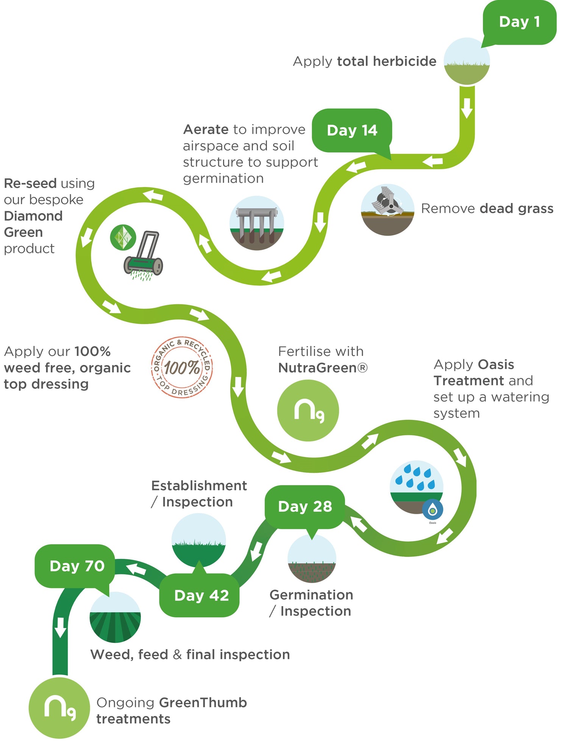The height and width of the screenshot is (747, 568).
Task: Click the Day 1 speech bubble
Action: click(519, 22)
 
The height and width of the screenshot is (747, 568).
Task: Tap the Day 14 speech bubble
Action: click(352, 130)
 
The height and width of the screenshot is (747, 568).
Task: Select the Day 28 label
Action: click(305, 507)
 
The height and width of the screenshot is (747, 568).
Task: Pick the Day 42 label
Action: click(201, 595)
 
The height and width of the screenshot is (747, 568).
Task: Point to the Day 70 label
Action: click(77, 566)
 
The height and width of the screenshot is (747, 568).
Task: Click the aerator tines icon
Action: click(257, 223)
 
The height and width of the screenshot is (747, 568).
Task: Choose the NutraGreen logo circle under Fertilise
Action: click(308, 410)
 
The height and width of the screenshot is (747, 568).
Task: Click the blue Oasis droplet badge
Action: click(432, 510)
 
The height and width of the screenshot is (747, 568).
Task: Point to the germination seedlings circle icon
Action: click(312, 559)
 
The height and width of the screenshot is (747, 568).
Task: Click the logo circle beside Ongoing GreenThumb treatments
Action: click(59, 708)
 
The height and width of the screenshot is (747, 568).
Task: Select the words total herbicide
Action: click(387, 61)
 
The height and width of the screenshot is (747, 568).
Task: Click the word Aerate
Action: click(206, 130)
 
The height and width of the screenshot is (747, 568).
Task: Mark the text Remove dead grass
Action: click(487, 209)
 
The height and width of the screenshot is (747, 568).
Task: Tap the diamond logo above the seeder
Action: click(123, 237)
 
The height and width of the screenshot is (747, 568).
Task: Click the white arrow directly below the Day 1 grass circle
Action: click(467, 108)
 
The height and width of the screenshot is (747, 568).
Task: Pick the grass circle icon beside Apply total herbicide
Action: click(467, 61)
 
